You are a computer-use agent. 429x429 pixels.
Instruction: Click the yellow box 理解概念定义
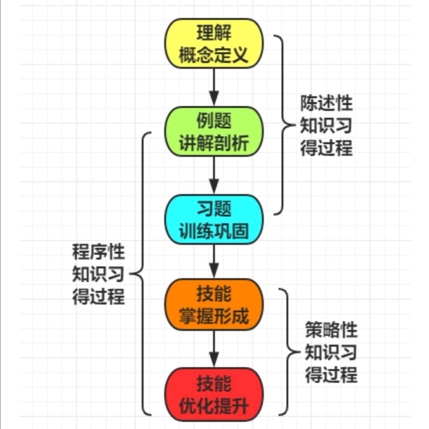pyautogui.click(x=214, y=44)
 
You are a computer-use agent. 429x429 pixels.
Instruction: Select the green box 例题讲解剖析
pyautogui.click(x=214, y=132)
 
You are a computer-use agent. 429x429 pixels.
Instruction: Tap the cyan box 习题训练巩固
pyautogui.click(x=214, y=219)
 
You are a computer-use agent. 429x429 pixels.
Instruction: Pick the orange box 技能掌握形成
pyautogui.click(x=214, y=305)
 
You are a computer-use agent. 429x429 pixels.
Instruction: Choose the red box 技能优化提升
pyautogui.click(x=214, y=394)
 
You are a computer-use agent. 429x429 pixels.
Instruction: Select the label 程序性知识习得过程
pyautogui.click(x=98, y=274)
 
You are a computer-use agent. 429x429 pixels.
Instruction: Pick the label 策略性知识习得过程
pyautogui.click(x=331, y=353)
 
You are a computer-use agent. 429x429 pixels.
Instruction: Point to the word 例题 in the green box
pyautogui.click(x=214, y=120)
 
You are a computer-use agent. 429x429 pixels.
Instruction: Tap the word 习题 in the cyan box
pyautogui.click(x=214, y=208)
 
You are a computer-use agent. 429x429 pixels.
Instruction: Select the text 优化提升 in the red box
pyautogui.click(x=214, y=406)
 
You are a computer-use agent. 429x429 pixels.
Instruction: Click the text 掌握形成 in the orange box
pyautogui.click(x=214, y=317)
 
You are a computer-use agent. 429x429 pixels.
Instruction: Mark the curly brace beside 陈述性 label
pyautogui.click(x=283, y=125)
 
